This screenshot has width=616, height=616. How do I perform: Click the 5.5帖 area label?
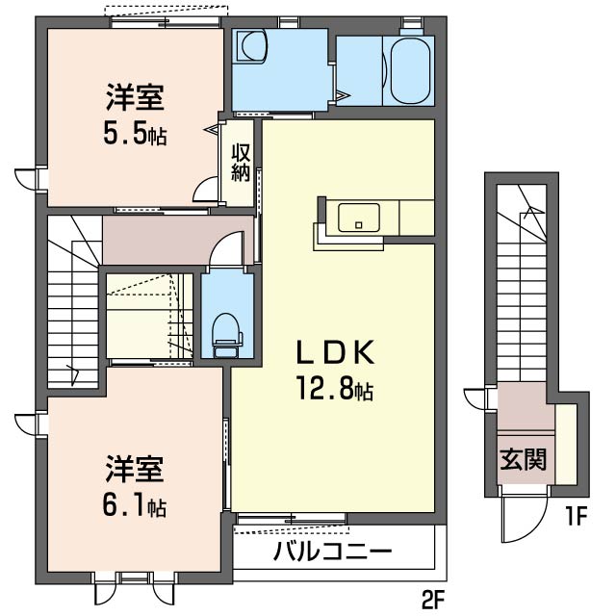pos(135,135)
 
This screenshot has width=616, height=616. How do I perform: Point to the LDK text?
pos(333,354)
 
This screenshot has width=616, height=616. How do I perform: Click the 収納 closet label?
pos(241,164)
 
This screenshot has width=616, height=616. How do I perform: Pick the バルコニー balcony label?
pos(332,552)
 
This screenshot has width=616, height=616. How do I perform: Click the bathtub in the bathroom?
pos(409,69)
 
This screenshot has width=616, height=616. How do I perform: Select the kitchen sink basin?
pos(358,218)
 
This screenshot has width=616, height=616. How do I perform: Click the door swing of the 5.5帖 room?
pos(206,189)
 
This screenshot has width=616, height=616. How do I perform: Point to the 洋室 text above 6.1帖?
pos(135,471)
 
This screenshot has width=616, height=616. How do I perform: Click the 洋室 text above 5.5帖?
pos(135,99)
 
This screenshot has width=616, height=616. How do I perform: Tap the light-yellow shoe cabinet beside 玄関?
pos(566,443)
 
